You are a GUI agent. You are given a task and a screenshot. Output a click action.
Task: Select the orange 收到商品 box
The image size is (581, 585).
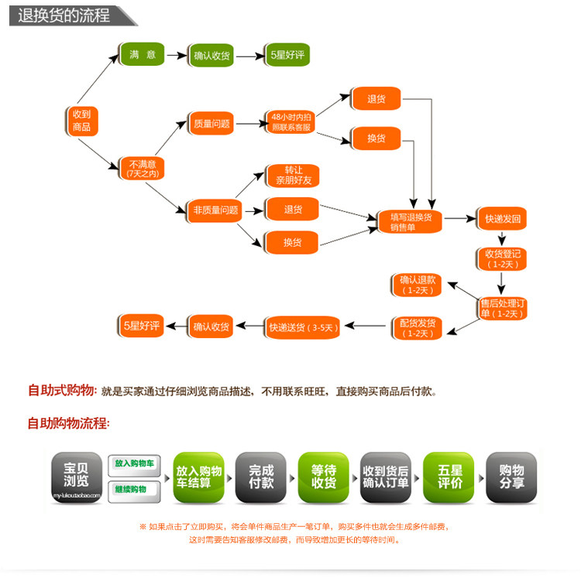[x=81, y=121]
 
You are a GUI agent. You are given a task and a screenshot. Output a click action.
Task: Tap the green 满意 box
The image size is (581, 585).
[x=143, y=55]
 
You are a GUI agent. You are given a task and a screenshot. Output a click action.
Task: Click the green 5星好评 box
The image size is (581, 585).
[x=287, y=55]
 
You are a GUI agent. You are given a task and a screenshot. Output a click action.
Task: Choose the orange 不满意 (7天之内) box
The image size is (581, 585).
[x=142, y=169]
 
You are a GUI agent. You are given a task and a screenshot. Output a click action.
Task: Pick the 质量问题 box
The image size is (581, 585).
[x=211, y=124]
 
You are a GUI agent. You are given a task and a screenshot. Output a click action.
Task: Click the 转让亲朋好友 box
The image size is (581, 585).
[x=292, y=175]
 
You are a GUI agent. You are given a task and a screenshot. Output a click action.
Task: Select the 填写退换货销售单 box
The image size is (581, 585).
[x=411, y=221]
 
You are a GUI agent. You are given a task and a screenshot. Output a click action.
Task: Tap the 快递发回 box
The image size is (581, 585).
[x=503, y=220]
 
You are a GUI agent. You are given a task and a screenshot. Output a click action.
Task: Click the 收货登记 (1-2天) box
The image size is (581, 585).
[x=502, y=258]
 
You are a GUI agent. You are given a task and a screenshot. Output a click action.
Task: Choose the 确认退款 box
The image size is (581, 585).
[x=418, y=285]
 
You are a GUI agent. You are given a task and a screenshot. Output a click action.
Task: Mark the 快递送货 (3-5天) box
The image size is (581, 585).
[x=302, y=327]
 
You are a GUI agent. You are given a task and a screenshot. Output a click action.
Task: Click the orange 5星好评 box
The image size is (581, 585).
[x=142, y=326]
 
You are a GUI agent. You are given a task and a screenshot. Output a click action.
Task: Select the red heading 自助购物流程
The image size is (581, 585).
[x=69, y=423]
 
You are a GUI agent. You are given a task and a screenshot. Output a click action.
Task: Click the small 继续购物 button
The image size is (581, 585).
[x=134, y=490]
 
